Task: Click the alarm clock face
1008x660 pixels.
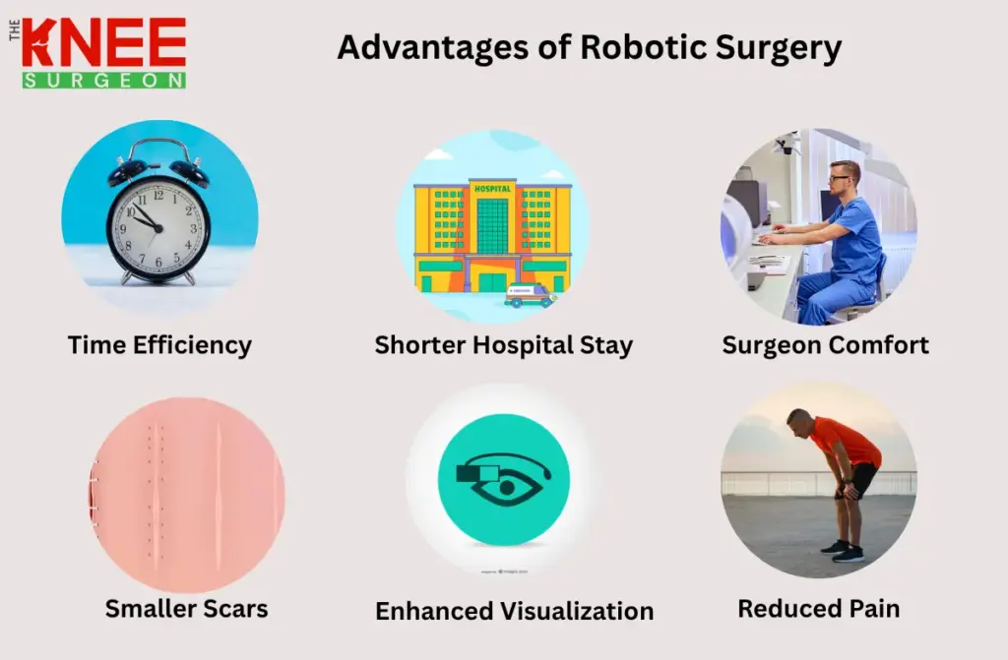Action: [157, 225]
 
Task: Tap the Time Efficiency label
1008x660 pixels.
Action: [159, 345]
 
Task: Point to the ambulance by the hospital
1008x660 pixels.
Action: [529, 295]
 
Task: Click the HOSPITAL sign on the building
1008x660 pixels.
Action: [492, 189]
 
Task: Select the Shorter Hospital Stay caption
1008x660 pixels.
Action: [503, 345]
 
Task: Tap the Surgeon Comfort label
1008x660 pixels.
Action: [825, 345]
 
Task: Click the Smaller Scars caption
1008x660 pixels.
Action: [186, 609]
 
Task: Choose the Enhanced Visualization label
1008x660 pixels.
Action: [514, 611]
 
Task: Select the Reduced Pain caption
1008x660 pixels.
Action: [818, 609]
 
